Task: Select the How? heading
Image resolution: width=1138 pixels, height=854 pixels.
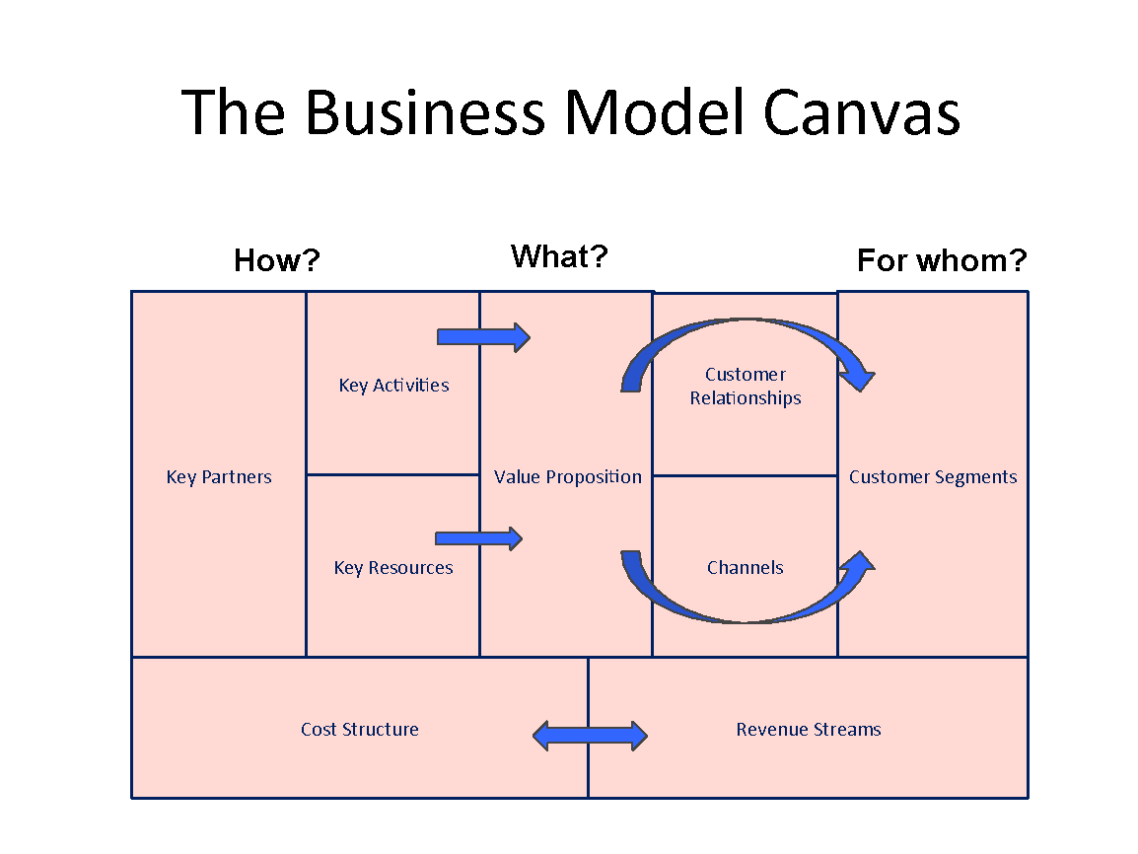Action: [277, 260]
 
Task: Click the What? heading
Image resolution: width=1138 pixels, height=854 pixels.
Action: [559, 256]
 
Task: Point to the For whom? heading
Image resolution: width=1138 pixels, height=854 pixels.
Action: [942, 260]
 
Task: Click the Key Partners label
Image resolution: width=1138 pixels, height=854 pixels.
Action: [219, 477]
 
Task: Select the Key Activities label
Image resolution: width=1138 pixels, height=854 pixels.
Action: [393, 386]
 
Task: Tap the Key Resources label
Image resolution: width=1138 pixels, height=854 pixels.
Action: [393, 568]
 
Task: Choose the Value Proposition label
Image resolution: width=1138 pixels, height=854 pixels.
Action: [567, 477]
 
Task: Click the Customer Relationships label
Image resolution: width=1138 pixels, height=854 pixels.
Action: [746, 387]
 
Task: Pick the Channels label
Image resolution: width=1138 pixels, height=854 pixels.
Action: [746, 568]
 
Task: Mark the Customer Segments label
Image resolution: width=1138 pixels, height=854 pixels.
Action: [933, 477]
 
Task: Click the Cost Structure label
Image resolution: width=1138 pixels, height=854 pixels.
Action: [360, 730]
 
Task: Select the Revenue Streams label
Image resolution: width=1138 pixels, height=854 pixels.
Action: [809, 730]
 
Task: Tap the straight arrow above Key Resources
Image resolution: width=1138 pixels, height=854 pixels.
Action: [478, 538]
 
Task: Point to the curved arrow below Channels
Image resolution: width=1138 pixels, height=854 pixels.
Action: [747, 612]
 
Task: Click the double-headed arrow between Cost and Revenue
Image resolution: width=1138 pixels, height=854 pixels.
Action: [590, 736]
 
